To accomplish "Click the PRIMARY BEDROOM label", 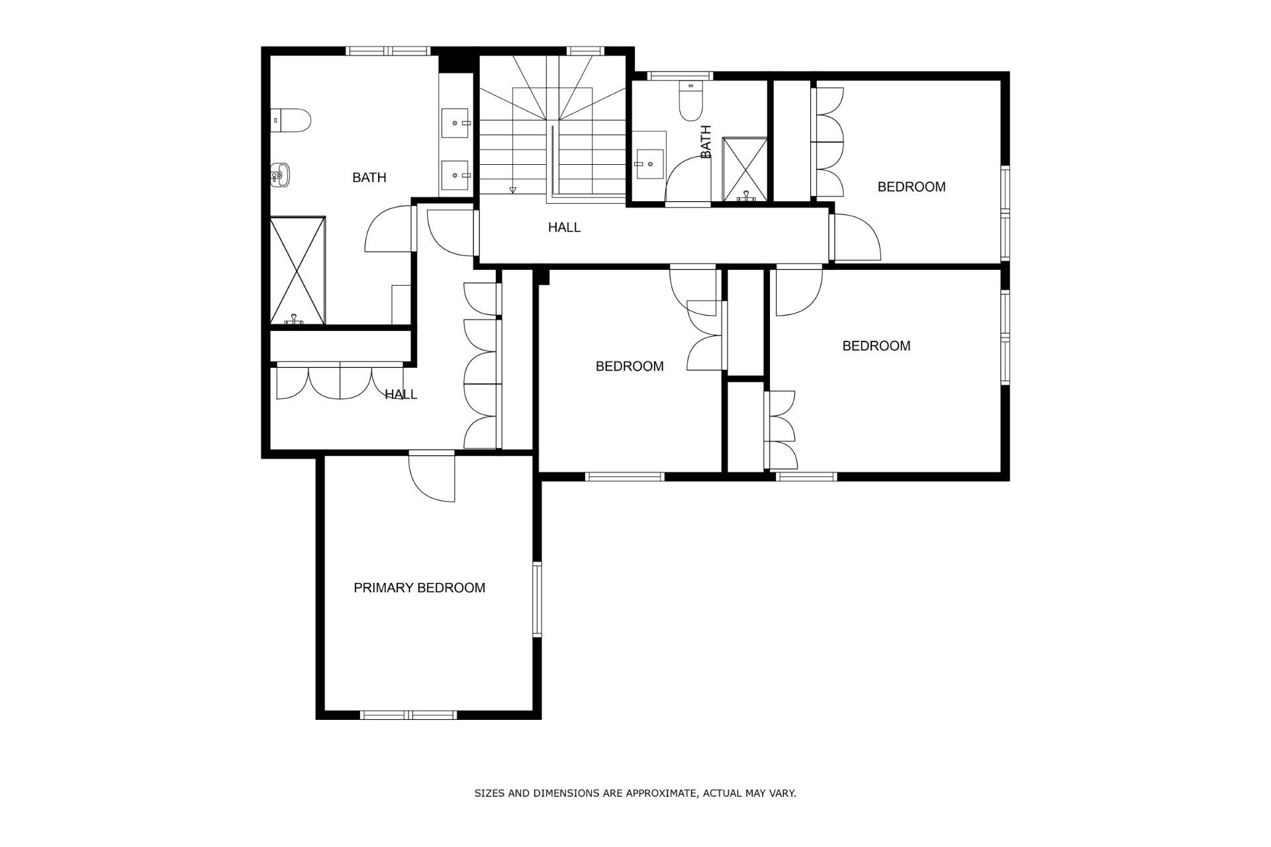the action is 419,588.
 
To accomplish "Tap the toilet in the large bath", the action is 291,120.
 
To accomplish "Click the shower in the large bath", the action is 298,271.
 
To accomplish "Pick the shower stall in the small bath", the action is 745,169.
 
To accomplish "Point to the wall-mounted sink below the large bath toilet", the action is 281,175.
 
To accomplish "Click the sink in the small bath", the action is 649,163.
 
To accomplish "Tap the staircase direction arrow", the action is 512,191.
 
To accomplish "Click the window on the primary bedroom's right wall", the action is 537,600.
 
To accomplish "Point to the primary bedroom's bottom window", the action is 408,715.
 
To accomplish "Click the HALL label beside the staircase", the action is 564,228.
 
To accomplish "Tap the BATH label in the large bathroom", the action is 369,177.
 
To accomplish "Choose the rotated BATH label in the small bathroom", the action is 706,142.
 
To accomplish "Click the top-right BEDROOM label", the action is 911,187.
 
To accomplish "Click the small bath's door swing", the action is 688,183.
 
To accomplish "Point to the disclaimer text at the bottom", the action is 635,793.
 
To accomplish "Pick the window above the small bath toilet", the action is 681,75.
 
